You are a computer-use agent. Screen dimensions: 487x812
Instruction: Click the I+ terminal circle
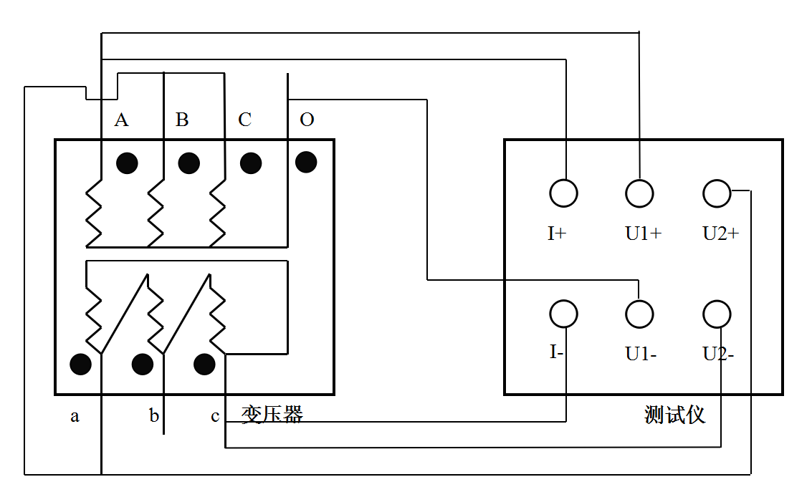pos(563,193)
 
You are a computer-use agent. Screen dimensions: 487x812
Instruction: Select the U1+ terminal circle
pos(639,193)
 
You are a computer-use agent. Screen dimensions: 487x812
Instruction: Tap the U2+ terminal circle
pos(717,193)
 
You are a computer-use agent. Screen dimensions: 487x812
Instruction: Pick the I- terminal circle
pos(563,314)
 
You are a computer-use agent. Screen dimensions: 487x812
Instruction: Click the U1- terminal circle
pos(639,314)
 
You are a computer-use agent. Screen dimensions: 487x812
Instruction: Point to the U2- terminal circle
pos(717,314)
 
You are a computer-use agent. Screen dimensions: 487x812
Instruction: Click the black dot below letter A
pos(128,163)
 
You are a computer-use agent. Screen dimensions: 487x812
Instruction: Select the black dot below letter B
pos(188,163)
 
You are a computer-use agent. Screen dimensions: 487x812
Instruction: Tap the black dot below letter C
pos(250,163)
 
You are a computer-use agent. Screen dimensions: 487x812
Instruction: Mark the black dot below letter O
pos(306,162)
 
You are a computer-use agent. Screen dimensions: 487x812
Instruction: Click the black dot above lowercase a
pos(81,364)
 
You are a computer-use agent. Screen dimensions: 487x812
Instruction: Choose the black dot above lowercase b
pos(143,364)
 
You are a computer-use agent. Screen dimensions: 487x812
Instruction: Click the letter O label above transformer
pos(307,120)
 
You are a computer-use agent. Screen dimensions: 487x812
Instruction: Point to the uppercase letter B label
pos(182,120)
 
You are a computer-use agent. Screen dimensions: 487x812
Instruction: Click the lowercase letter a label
pos(75,416)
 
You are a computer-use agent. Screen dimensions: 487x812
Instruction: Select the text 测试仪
pos(674,415)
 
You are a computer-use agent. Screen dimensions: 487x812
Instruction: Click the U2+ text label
pos(720,233)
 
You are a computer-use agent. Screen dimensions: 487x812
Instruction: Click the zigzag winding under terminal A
pos(94,211)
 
